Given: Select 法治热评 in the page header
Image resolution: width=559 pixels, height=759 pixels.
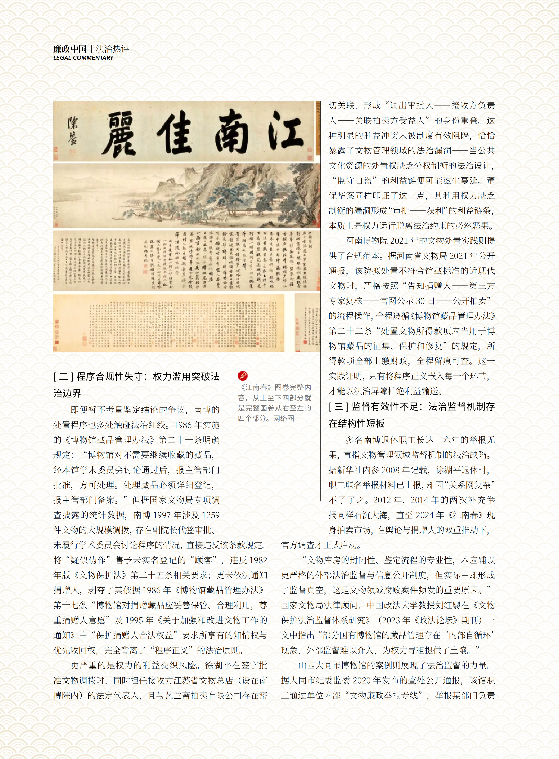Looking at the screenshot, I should [113, 49].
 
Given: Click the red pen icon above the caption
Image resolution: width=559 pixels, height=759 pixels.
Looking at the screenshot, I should [243, 375].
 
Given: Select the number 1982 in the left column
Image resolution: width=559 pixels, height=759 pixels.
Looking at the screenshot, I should [258, 560].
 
